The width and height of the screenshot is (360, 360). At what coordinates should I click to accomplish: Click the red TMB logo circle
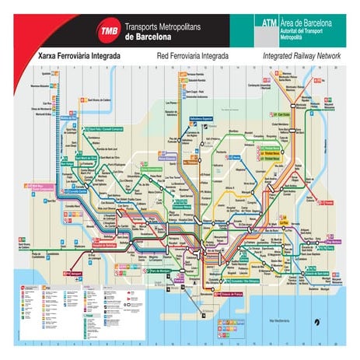(x=107, y=32)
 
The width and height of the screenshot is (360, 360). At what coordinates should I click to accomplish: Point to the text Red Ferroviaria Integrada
(x=190, y=57)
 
